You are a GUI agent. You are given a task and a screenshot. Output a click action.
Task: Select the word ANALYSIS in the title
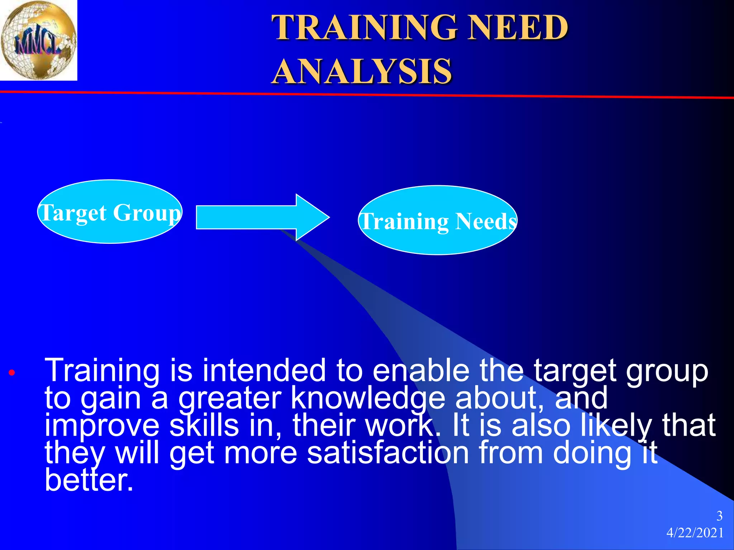[x=362, y=72]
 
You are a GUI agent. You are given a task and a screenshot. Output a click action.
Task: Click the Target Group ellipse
[x=110, y=212]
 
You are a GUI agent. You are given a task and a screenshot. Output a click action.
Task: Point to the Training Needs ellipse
[x=438, y=221]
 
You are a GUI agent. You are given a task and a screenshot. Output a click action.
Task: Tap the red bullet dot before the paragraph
[x=12, y=373]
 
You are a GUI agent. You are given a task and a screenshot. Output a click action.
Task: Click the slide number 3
[x=719, y=516]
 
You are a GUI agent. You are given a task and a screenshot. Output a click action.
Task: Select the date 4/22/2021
[x=695, y=533]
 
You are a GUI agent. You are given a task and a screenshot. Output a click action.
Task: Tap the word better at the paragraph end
[x=89, y=480]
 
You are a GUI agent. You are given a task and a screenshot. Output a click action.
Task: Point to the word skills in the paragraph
[x=204, y=425]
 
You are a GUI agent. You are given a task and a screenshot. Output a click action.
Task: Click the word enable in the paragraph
[x=421, y=371]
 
